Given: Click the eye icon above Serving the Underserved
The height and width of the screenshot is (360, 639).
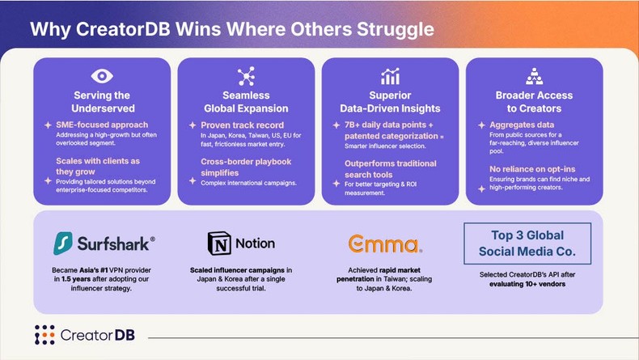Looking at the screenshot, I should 102,76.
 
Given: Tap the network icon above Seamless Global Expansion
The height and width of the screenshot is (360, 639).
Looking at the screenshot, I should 245,76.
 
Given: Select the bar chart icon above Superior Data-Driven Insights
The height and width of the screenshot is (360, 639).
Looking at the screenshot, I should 390,76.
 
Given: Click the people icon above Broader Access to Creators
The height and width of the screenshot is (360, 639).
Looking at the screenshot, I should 534,76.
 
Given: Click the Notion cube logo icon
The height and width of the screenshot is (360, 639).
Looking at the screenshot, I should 218,244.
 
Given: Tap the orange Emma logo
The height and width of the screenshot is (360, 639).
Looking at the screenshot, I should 383,244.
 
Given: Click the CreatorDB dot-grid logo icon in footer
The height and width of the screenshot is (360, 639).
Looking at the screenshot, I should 45,335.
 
